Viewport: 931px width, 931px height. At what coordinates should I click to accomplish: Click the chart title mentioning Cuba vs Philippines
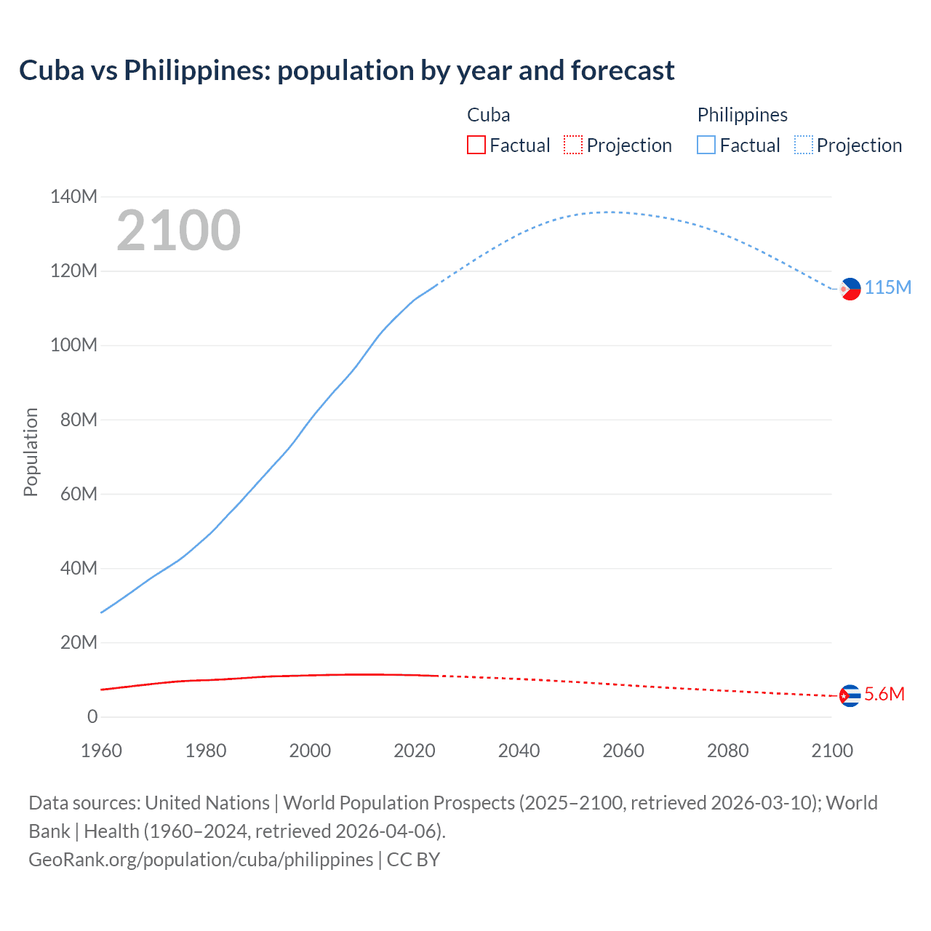[346, 71]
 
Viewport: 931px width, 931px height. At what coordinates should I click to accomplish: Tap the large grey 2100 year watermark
[178, 231]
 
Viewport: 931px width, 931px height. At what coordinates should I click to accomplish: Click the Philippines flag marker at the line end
[850, 289]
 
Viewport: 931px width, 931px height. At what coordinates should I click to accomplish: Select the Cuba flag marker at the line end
[850, 696]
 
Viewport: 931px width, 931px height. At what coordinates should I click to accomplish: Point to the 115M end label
[887, 287]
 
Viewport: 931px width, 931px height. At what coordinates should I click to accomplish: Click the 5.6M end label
[884, 694]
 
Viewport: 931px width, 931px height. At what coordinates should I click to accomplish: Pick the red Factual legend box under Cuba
[476, 145]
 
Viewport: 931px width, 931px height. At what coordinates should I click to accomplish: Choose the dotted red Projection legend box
[573, 145]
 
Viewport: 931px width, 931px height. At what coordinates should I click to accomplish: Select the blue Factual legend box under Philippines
[706, 145]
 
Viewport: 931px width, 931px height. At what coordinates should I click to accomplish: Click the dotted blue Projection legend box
[804, 145]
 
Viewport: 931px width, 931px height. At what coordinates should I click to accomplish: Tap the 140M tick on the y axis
[73, 196]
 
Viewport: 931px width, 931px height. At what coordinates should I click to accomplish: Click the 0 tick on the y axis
[92, 716]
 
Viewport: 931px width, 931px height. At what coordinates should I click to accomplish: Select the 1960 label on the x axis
[101, 751]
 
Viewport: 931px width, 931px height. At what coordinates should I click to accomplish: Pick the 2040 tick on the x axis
[519, 751]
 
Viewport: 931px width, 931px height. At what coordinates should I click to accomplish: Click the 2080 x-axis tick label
[727, 751]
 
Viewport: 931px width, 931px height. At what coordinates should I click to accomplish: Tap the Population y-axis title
[31, 452]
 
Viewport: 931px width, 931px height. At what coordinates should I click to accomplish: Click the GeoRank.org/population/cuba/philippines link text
[201, 860]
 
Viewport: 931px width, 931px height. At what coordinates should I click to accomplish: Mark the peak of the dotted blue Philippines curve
[610, 212]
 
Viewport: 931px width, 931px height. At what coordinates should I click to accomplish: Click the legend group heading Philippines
[742, 115]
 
